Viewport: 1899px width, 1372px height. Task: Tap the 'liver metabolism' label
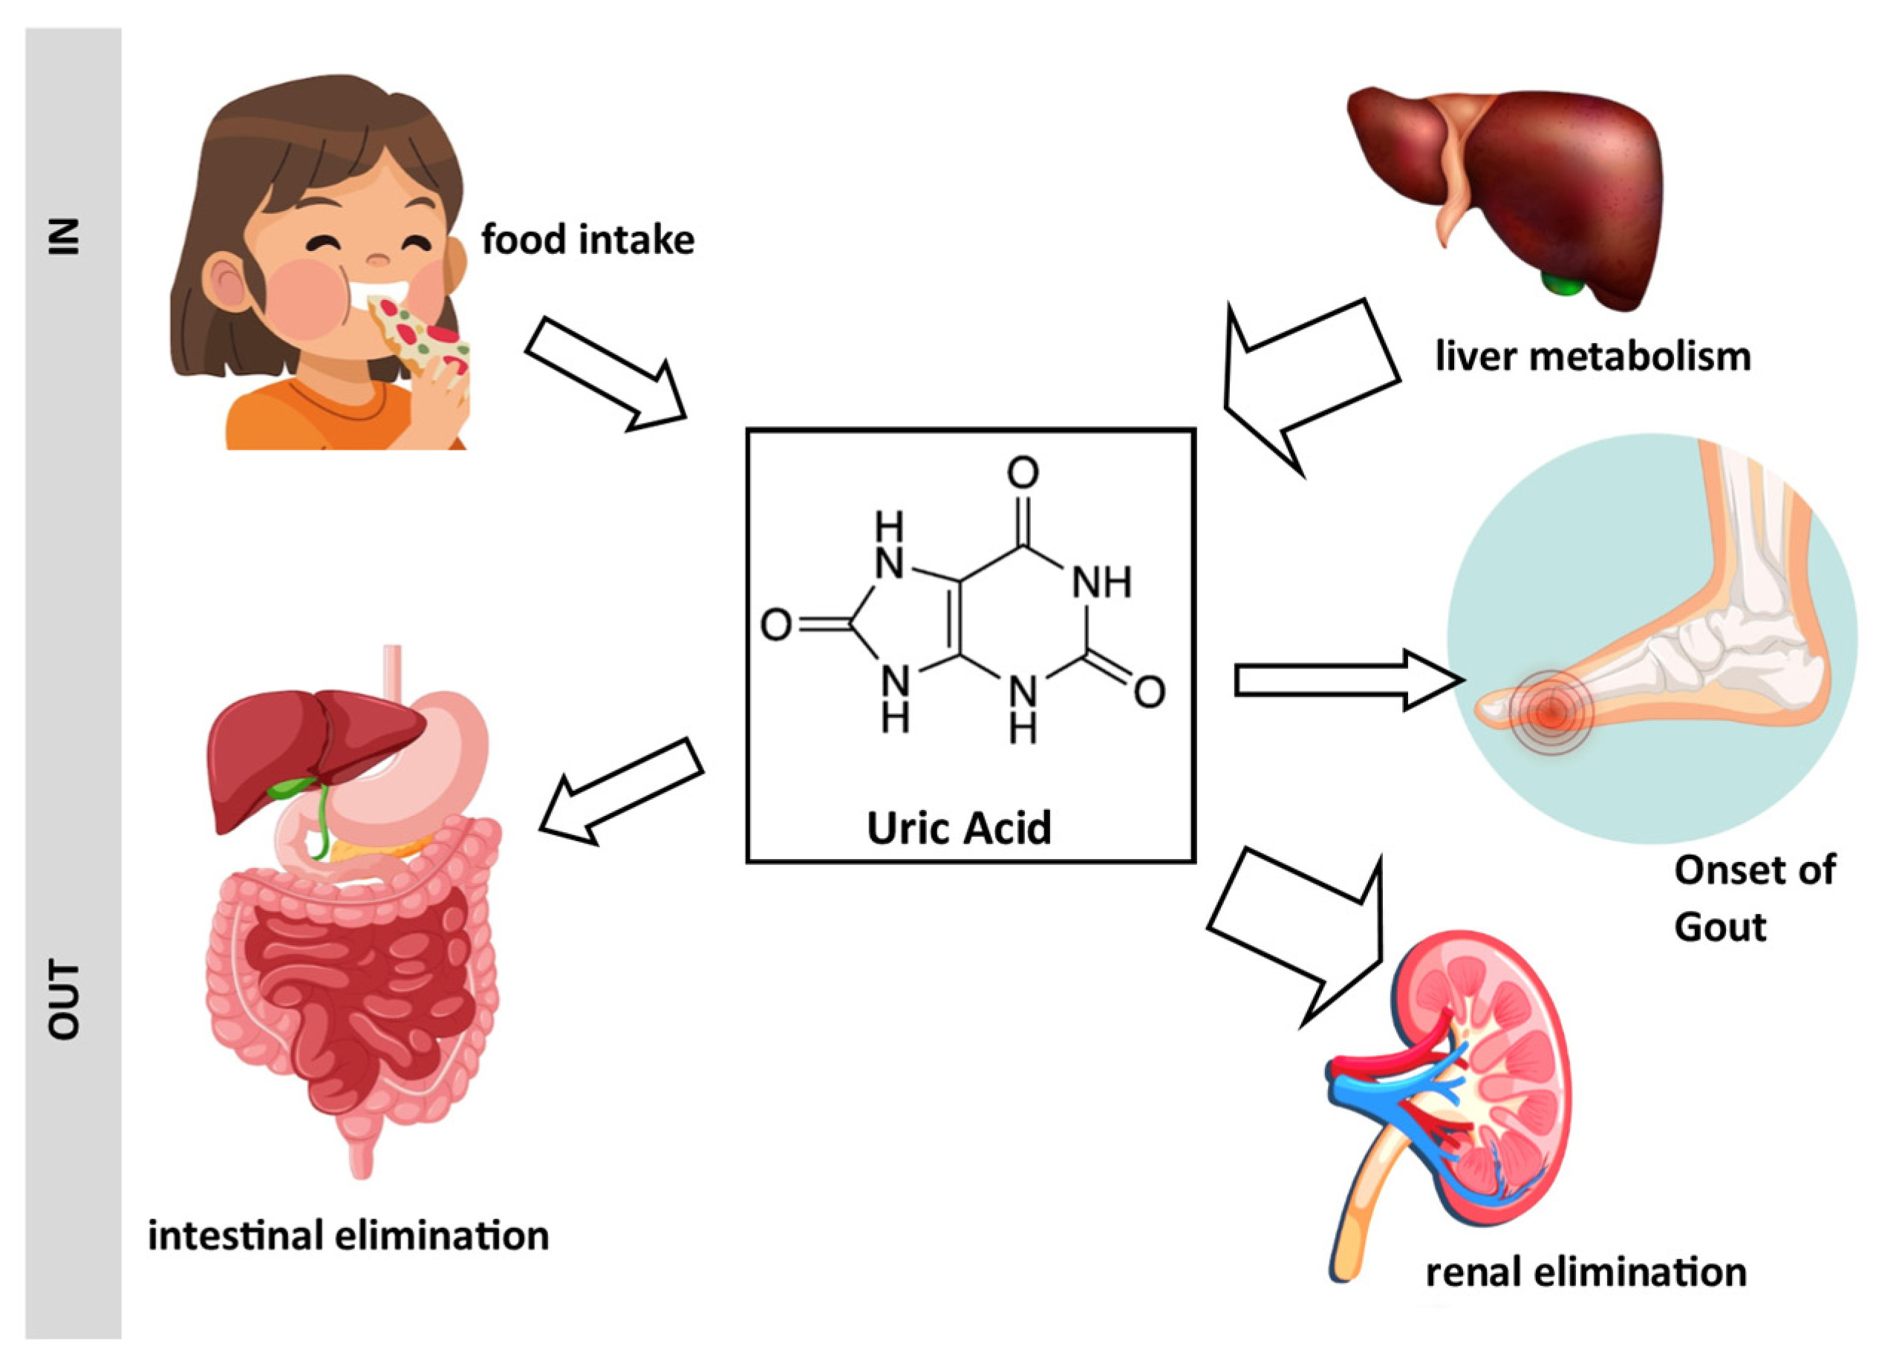(x=1592, y=356)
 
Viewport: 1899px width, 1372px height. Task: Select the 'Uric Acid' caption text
(x=959, y=828)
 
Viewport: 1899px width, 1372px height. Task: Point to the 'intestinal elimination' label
(x=348, y=1236)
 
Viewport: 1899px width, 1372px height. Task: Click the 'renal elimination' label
(x=1586, y=1273)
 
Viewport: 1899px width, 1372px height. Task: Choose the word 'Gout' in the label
(x=1720, y=927)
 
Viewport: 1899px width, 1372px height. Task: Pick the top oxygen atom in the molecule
(x=1023, y=473)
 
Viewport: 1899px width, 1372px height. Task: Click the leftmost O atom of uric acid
(x=775, y=625)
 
